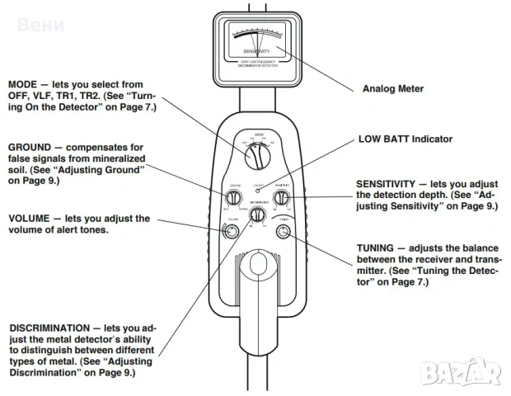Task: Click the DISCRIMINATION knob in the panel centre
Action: pyautogui.click(x=257, y=214)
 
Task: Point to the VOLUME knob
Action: pyautogui.click(x=233, y=231)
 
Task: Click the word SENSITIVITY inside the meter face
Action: pyautogui.click(x=257, y=51)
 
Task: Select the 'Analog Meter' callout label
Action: pyautogui.click(x=392, y=88)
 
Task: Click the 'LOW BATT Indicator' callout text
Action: pyautogui.click(x=405, y=139)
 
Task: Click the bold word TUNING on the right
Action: pyautogui.click(x=375, y=247)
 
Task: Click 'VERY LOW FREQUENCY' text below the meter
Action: pyautogui.click(x=257, y=61)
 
